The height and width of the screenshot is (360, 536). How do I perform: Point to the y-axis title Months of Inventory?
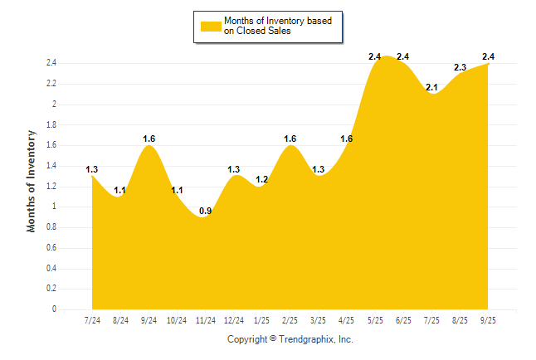pyautogui.click(x=32, y=180)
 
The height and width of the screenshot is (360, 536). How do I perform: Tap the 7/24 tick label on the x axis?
pyautogui.click(x=92, y=321)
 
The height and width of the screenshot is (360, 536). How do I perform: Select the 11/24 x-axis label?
pyautogui.click(x=205, y=321)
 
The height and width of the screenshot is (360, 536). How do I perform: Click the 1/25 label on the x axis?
pyautogui.click(x=261, y=321)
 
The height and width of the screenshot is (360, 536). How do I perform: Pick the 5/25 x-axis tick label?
pyautogui.click(x=374, y=321)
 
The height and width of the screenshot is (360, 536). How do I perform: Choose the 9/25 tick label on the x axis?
pyautogui.click(x=487, y=321)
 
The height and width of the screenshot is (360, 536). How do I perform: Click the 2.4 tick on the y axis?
pyautogui.click(x=51, y=63)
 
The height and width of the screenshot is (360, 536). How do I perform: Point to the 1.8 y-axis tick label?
pyautogui.click(x=51, y=124)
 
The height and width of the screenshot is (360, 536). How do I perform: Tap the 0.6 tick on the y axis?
pyautogui.click(x=51, y=248)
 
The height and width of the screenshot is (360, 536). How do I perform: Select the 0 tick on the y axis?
pyautogui.click(x=54, y=309)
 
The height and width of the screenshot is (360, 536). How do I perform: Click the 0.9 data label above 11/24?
pyautogui.click(x=205, y=210)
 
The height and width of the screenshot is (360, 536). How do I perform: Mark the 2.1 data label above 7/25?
pyautogui.click(x=431, y=87)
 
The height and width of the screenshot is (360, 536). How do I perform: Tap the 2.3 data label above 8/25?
pyautogui.click(x=460, y=67)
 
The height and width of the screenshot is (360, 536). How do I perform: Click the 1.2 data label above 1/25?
pyautogui.click(x=261, y=179)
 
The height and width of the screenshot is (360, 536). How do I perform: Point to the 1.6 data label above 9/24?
pyautogui.click(x=149, y=139)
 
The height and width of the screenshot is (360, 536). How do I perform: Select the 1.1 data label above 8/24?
pyautogui.click(x=120, y=190)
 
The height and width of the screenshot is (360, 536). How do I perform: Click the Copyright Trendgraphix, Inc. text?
pyautogui.click(x=290, y=339)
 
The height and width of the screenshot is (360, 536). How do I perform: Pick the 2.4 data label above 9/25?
pyautogui.click(x=488, y=56)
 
